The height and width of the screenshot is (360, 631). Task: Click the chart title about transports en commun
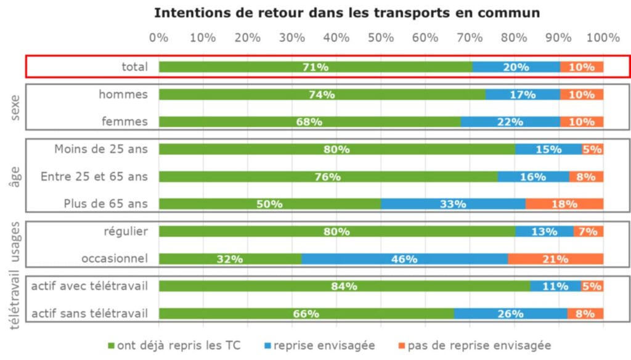coord(346,12)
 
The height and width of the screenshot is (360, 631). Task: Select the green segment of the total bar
coord(315,67)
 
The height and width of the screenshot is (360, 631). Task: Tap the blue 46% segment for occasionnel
coord(404,259)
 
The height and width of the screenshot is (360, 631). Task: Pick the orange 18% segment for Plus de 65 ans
coord(564,204)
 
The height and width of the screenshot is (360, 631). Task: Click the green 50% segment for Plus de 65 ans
coord(269,204)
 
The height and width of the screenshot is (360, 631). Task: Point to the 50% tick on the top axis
coord(381,38)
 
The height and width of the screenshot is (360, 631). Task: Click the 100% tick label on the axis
coord(603,38)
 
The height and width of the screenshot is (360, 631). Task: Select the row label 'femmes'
coord(124,121)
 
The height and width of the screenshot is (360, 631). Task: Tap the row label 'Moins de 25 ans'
coord(101,149)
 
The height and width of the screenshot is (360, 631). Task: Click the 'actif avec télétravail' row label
coord(90,286)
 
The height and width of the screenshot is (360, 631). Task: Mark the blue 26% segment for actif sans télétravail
coord(510,314)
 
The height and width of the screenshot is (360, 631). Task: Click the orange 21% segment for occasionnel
coord(555,259)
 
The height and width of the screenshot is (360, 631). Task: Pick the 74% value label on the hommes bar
coord(322,95)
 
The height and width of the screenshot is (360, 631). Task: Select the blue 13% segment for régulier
coord(544,232)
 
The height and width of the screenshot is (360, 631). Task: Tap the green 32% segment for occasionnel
coord(230,259)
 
